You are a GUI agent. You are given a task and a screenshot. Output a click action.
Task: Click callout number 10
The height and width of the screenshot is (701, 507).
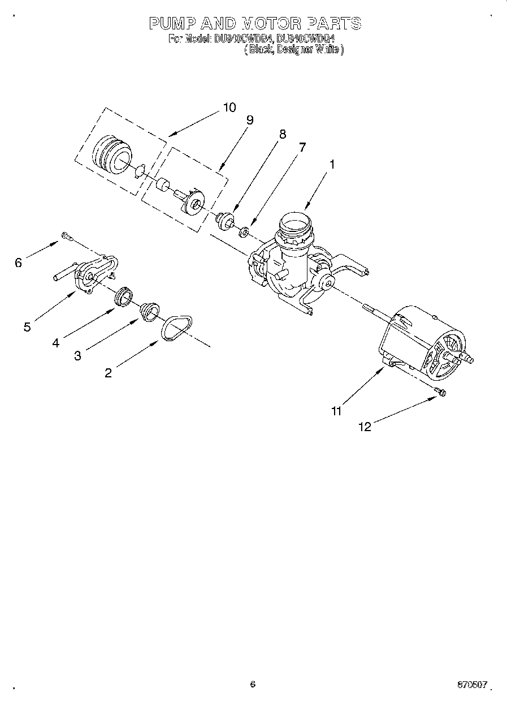tap(229, 107)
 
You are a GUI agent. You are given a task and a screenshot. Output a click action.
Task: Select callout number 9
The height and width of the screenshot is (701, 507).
tap(249, 120)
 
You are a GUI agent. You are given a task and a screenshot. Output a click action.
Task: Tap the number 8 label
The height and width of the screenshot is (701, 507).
tap(282, 134)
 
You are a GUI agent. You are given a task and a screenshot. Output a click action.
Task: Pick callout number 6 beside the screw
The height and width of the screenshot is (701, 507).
tap(18, 263)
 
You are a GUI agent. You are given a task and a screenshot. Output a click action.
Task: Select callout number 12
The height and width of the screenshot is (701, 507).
tap(365, 427)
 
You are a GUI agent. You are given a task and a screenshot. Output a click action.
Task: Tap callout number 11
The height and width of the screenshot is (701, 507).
tap(336, 411)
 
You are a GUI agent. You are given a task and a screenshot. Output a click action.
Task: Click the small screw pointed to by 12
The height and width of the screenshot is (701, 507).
tap(440, 392)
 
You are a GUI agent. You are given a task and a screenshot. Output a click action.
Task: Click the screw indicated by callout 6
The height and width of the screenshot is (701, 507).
tap(67, 235)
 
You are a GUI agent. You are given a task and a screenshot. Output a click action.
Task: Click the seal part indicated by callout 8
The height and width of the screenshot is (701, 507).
tap(225, 220)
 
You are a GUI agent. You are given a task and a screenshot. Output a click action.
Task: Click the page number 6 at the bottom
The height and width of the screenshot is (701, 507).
tap(253, 684)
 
